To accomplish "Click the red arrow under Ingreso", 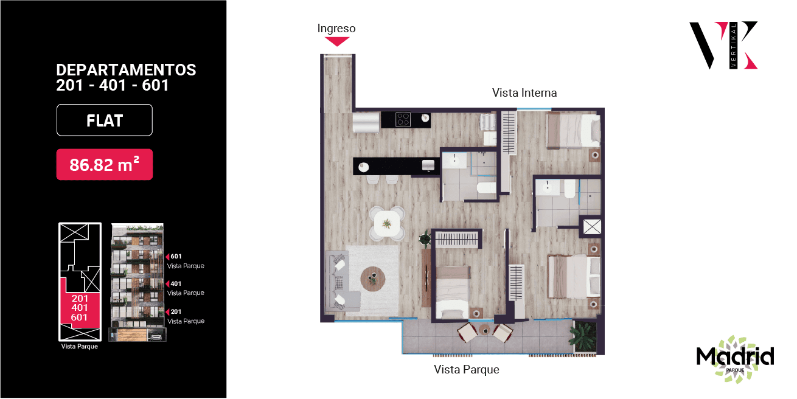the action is tap(336, 41).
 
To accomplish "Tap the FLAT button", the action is tap(105, 120).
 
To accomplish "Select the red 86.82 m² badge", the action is tap(105, 165).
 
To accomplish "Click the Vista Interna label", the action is tap(524, 93).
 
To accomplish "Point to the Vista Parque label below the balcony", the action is tap(467, 370).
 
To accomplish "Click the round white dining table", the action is tap(387, 224).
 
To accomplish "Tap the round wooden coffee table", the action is tap(373, 279).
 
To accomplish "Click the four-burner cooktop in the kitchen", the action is tap(403, 120).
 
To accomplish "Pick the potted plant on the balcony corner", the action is tap(585, 337).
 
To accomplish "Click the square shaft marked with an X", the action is tap(592, 226).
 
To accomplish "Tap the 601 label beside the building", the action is tap(176, 257).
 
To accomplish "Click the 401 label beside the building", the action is tap(176, 284).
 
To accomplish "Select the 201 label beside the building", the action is tap(176, 312).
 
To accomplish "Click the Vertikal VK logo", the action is tap(724, 45).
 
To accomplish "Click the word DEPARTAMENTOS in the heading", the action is tap(126, 70).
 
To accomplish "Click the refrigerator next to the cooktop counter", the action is tap(366, 122).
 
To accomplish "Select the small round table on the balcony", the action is tap(484, 330).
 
